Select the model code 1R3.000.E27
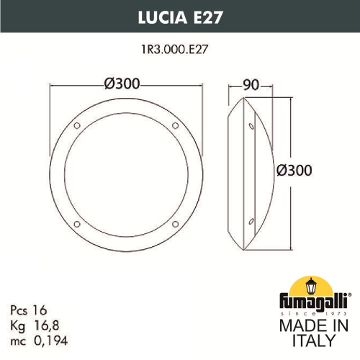tap(179, 51)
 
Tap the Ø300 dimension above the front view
tap(122, 83)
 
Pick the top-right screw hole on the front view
tap(175, 127)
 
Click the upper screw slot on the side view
tap(251, 127)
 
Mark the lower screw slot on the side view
tap(251, 220)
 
